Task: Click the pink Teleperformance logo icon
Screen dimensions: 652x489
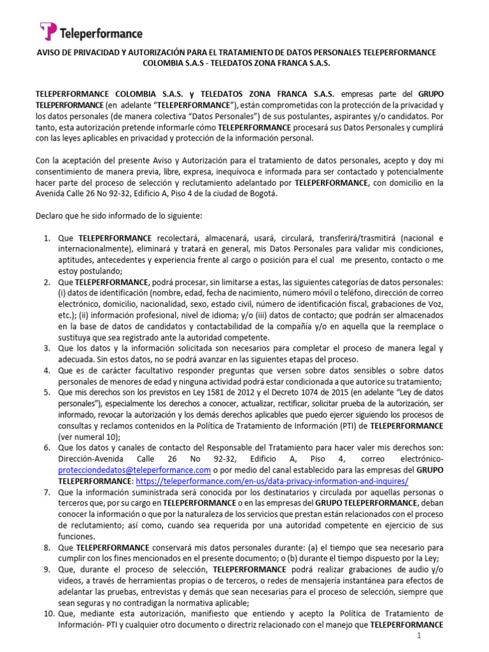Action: point(48,31)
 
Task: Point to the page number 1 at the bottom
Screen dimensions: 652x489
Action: point(419,636)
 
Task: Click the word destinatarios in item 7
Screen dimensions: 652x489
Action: point(264,492)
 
